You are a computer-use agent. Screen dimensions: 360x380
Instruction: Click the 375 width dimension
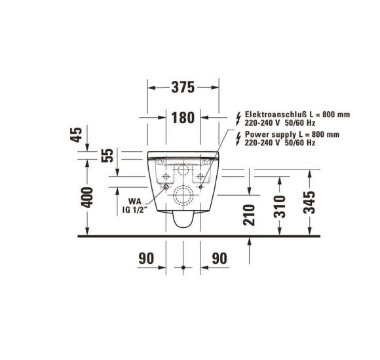[x=183, y=88]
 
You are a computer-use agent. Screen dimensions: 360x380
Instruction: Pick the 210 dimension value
[x=250, y=215]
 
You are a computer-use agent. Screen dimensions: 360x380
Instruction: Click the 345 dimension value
[x=310, y=203]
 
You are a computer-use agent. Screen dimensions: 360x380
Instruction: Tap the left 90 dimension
[x=146, y=259]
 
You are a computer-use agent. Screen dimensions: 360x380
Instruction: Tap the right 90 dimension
[x=219, y=259]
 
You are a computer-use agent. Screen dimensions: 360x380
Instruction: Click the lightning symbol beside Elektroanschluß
[x=238, y=118]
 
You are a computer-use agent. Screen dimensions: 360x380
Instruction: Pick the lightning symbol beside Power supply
[x=238, y=138]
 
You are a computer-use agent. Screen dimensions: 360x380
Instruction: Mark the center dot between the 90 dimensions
[x=183, y=268]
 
